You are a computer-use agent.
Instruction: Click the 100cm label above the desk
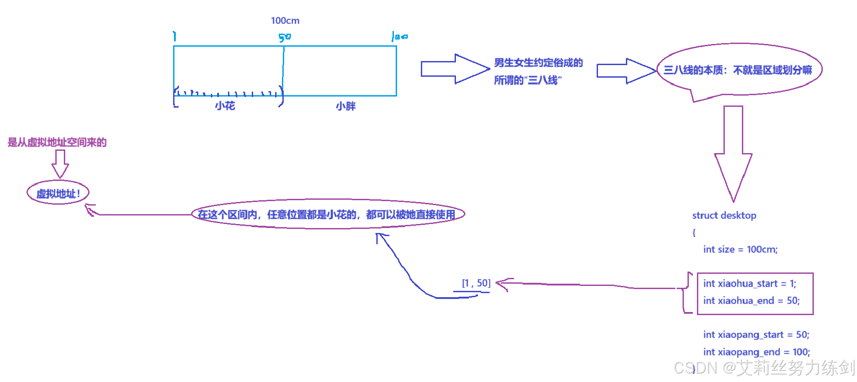click(x=285, y=21)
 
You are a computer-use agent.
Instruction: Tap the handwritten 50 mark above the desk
click(x=284, y=38)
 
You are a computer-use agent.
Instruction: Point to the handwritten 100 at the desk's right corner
click(x=399, y=36)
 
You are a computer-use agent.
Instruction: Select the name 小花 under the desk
click(x=225, y=106)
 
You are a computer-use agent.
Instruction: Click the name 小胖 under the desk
click(x=346, y=106)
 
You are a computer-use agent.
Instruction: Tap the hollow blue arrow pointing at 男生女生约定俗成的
click(x=455, y=69)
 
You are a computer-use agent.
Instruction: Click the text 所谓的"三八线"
click(x=527, y=80)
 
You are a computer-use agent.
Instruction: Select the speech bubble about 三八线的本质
click(x=739, y=70)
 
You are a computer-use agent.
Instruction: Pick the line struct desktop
click(x=724, y=215)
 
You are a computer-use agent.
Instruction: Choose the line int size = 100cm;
click(x=740, y=250)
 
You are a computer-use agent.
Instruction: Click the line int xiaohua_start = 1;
click(x=750, y=284)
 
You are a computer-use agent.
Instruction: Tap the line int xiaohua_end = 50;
click(x=751, y=301)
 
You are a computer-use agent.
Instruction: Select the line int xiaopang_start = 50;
click(x=756, y=335)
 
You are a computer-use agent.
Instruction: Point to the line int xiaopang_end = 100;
click(x=756, y=352)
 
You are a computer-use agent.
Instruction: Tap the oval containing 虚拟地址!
click(x=58, y=193)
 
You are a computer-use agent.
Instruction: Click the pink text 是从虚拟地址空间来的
click(x=57, y=143)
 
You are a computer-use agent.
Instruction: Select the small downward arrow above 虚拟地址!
click(x=60, y=163)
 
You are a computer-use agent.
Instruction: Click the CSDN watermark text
click(x=764, y=368)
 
